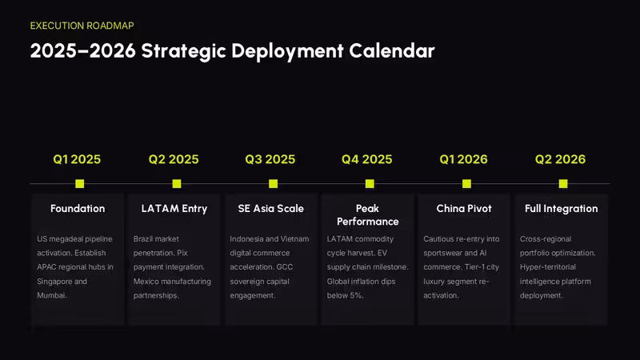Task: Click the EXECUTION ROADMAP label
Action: click(x=82, y=26)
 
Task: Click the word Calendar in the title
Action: click(x=392, y=51)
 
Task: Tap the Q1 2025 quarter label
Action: click(x=77, y=159)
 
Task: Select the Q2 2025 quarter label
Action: click(x=174, y=159)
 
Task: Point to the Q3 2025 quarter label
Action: click(x=270, y=159)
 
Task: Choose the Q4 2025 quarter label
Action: click(x=367, y=159)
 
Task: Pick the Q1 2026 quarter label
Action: click(x=464, y=159)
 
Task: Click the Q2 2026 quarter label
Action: click(x=561, y=159)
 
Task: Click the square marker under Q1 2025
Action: click(x=79, y=184)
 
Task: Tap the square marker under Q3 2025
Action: click(x=273, y=184)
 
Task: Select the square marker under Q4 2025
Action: click(x=370, y=184)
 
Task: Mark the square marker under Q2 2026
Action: click(x=563, y=184)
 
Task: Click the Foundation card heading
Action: click(x=78, y=209)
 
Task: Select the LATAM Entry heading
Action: click(x=174, y=209)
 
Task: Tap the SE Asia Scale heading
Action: click(x=271, y=209)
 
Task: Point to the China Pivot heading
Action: click(x=464, y=209)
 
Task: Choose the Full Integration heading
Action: click(x=562, y=209)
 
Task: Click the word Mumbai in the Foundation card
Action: click(x=51, y=295)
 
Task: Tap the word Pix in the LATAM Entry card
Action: click(x=182, y=253)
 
